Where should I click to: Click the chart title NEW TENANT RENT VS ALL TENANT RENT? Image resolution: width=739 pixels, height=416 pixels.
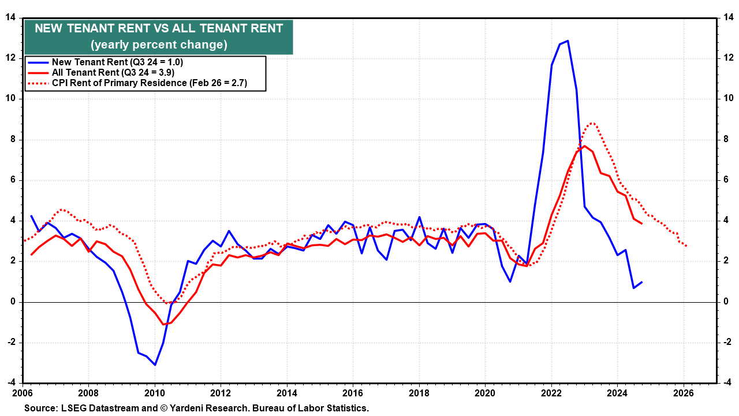[x=159, y=28]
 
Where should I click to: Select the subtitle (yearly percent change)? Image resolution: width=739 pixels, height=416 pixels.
[x=159, y=44]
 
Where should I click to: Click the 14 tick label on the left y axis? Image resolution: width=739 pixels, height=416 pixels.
[x=10, y=17]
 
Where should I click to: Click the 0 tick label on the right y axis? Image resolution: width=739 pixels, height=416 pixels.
[x=725, y=302]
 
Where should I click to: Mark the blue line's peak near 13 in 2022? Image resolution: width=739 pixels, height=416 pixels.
[x=568, y=40]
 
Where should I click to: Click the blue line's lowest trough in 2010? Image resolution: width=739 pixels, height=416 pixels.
[x=155, y=365]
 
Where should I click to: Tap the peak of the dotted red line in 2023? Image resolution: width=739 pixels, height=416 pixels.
[x=592, y=123]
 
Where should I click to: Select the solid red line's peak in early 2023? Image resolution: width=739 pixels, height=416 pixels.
[x=584, y=146]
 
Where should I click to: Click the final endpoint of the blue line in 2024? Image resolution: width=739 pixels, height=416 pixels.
[x=642, y=282]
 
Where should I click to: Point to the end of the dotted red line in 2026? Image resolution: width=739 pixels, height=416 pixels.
[x=686, y=247]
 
